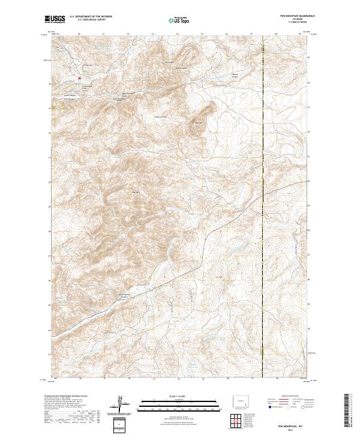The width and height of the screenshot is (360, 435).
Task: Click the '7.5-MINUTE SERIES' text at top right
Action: point(292,23)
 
